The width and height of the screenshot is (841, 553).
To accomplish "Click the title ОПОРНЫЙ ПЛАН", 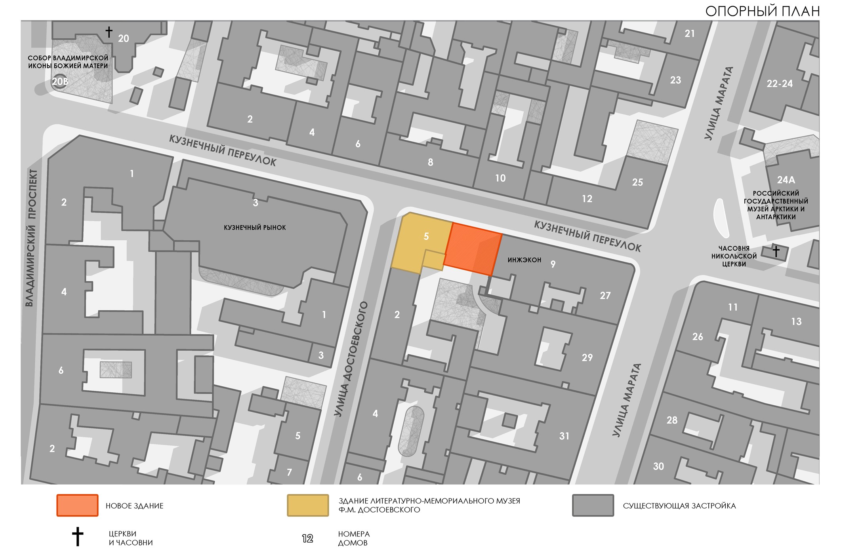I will point(762,11).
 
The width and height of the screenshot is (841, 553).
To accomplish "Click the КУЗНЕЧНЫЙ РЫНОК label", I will point(255,228).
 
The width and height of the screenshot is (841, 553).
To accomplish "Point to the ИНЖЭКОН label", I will point(524,260).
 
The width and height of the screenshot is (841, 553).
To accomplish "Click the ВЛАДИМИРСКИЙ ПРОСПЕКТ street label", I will point(31,238).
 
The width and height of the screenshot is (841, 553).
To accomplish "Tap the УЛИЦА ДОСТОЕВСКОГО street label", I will point(351,359).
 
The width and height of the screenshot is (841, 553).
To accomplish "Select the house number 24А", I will point(786,180).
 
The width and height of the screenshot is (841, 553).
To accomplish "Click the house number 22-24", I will point(780,84).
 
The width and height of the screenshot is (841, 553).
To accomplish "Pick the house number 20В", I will point(60,82).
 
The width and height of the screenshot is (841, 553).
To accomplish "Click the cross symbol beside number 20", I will point(109,32).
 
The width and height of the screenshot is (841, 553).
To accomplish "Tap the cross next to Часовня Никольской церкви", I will point(776,251).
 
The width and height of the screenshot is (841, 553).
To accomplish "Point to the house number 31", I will point(564,436).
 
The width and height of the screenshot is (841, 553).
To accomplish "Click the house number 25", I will point(637,182).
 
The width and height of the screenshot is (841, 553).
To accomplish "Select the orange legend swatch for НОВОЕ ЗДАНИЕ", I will point(77,505).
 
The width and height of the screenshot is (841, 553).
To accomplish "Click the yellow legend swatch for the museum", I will point(308,505).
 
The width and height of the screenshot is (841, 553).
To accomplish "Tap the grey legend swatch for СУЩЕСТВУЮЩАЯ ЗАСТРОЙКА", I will point(593,505).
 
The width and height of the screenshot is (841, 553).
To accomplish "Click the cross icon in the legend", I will point(78,537).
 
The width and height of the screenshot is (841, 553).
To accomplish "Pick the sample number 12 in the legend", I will point(307,538).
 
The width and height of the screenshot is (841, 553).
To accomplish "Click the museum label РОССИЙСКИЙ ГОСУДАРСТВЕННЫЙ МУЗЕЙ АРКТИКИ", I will point(776,205).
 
